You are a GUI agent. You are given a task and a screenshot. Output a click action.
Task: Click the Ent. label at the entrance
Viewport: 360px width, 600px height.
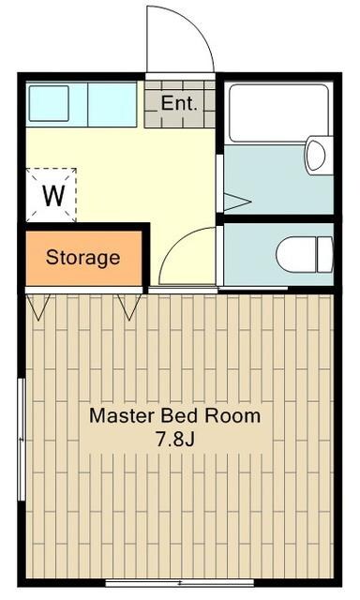tap(179, 103)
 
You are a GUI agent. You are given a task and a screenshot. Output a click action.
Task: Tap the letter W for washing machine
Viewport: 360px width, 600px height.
tap(53, 196)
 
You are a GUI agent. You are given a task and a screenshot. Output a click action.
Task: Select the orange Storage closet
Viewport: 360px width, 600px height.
tap(83, 259)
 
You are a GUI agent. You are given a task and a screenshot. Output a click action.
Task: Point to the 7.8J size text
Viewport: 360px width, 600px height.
tap(174, 439)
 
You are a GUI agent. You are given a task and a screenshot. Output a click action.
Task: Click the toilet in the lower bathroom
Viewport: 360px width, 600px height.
tap(305, 254)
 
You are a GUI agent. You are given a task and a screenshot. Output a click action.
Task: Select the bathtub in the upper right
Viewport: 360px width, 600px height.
tap(278, 113)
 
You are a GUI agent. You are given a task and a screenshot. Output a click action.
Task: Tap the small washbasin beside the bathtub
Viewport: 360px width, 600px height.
tap(319, 155)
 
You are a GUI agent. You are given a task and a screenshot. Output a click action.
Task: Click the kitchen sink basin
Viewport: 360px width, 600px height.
tap(49, 103)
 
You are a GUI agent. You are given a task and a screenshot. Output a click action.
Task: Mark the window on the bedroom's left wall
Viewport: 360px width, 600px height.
tap(22, 440)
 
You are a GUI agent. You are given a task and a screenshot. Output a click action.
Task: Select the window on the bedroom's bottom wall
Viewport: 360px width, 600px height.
tap(179, 583)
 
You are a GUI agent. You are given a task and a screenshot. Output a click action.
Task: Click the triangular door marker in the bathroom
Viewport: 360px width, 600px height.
tap(234, 202)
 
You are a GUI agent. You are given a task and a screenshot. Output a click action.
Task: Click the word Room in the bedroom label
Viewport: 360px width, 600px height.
tap(232, 415)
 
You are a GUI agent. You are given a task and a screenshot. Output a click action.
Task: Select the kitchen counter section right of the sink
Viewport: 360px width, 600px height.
tap(112, 104)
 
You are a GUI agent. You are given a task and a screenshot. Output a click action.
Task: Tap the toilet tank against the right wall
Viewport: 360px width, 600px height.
tap(325, 254)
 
